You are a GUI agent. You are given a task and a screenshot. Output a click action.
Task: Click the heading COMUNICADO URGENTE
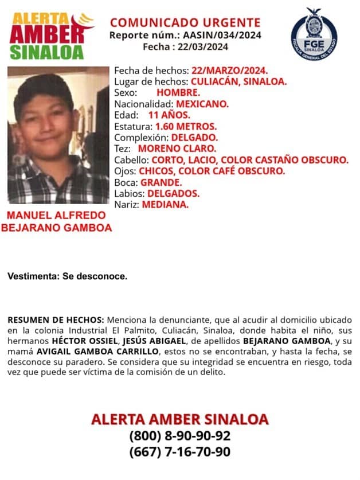pos(185,23)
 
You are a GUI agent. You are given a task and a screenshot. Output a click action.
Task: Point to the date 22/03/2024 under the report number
pos(205,46)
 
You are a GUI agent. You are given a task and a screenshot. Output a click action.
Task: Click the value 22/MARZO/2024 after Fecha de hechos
pos(229,71)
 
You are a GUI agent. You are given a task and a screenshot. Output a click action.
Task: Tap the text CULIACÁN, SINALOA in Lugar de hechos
pos(238,81)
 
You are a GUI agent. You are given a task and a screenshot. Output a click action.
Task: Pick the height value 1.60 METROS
pos(186,126)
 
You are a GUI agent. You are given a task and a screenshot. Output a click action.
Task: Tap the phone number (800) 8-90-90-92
pos(179,435)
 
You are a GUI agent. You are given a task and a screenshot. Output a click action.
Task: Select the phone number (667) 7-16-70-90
pos(179,452)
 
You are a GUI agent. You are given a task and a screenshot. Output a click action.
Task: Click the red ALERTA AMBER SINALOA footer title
pos(179,418)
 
